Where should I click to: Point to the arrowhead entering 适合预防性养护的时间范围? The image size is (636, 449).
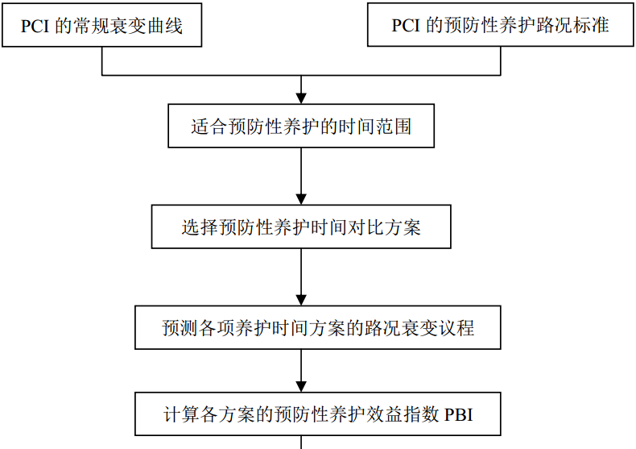click(301, 98)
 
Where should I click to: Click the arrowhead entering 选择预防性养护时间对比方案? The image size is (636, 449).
click(301, 199)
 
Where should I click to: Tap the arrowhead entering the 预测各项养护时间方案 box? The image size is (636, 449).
click(301, 300)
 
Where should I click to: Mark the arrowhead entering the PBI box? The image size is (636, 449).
click(301, 386)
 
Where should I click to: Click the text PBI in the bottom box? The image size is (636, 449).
click(459, 414)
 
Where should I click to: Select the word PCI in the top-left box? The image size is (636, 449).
click(35, 27)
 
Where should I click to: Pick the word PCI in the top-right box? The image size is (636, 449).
click(406, 26)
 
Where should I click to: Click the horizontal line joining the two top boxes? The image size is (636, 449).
click(301, 75)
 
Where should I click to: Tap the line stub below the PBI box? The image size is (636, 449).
click(301, 442)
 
